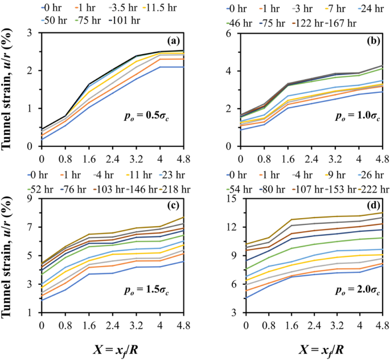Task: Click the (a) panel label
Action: [x=173, y=41]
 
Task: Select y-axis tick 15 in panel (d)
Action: [x=231, y=199]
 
